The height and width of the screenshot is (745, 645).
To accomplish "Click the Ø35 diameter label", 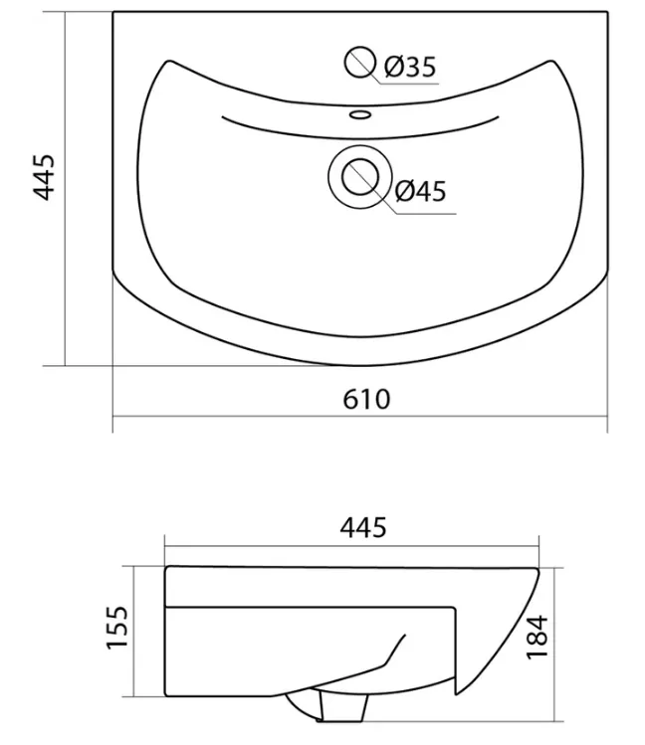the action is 410,67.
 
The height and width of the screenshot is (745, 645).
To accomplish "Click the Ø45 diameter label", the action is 421,191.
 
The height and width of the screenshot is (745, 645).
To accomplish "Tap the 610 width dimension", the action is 366,399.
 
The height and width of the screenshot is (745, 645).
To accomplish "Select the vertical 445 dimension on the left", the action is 44,177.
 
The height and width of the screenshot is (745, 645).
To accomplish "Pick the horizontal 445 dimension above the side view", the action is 363,528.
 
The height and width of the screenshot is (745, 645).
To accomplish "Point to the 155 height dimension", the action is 116,628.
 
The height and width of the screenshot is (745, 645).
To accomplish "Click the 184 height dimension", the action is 537,637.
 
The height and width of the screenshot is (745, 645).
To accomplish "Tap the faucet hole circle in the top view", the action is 359,63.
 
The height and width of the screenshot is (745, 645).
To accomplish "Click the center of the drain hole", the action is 359,177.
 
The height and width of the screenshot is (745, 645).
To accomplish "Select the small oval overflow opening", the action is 360,114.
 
